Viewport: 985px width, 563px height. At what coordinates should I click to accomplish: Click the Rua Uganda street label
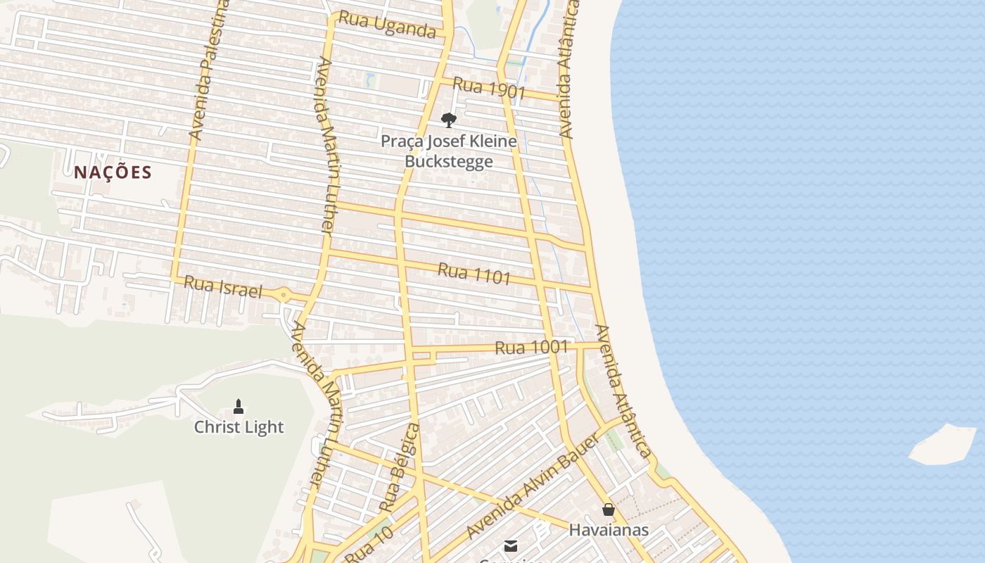coord(387,25)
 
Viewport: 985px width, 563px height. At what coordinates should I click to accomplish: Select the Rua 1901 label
coord(489,87)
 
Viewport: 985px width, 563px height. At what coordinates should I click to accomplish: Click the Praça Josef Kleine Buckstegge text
coord(448,151)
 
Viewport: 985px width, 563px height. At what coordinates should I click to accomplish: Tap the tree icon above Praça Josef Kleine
coord(448,120)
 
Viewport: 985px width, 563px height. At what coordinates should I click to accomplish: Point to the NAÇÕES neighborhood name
coord(113,172)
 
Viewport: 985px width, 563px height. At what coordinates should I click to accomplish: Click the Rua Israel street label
coord(222,286)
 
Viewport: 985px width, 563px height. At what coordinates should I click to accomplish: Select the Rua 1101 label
coord(474,274)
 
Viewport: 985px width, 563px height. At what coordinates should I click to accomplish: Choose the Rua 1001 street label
coord(531,347)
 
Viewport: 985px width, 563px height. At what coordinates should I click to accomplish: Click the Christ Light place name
coord(239,427)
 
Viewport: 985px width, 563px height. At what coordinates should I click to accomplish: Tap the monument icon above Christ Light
coord(239,407)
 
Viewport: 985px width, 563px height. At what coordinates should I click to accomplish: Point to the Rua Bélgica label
coord(399,468)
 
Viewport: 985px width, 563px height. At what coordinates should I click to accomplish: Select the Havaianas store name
coord(609,529)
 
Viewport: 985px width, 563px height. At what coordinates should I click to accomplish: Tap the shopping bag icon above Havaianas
coord(609,510)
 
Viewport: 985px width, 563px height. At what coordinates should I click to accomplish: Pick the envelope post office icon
coord(511,546)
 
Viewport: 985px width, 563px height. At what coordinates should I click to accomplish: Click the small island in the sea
coord(943,445)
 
